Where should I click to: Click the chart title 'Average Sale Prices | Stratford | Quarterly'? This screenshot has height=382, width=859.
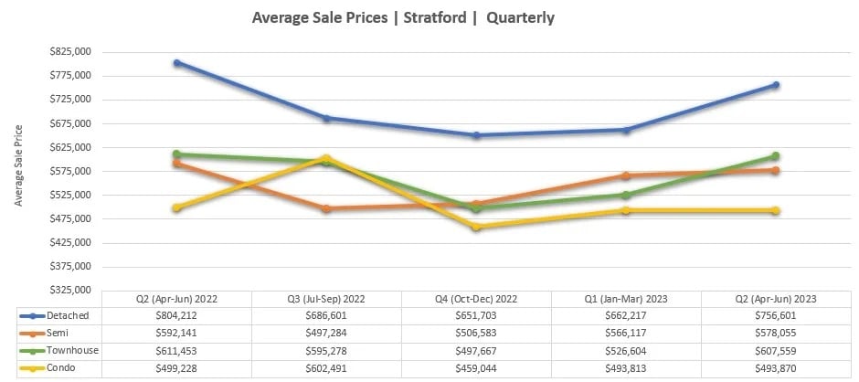[x=403, y=17]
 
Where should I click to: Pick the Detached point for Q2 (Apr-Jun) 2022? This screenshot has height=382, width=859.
[x=176, y=63]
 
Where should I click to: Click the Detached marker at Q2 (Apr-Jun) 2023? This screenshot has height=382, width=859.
[x=776, y=85]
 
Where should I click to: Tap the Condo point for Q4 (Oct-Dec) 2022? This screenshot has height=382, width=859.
[x=476, y=227]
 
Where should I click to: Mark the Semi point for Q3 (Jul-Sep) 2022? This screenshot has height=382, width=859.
[x=326, y=208]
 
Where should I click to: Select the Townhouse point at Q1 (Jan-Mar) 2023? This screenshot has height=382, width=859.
[x=626, y=195]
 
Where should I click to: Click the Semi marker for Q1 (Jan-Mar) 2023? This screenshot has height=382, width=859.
[x=626, y=175]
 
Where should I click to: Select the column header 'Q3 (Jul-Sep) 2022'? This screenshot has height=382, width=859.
[x=326, y=299]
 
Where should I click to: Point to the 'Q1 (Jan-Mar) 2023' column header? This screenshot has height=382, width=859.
[x=626, y=299]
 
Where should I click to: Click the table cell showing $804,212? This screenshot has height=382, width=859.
[x=176, y=315]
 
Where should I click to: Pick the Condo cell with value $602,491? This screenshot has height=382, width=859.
[x=326, y=367]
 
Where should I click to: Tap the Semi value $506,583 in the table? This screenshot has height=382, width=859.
[x=476, y=333]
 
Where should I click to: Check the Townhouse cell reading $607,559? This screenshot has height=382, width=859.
[x=776, y=350]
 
